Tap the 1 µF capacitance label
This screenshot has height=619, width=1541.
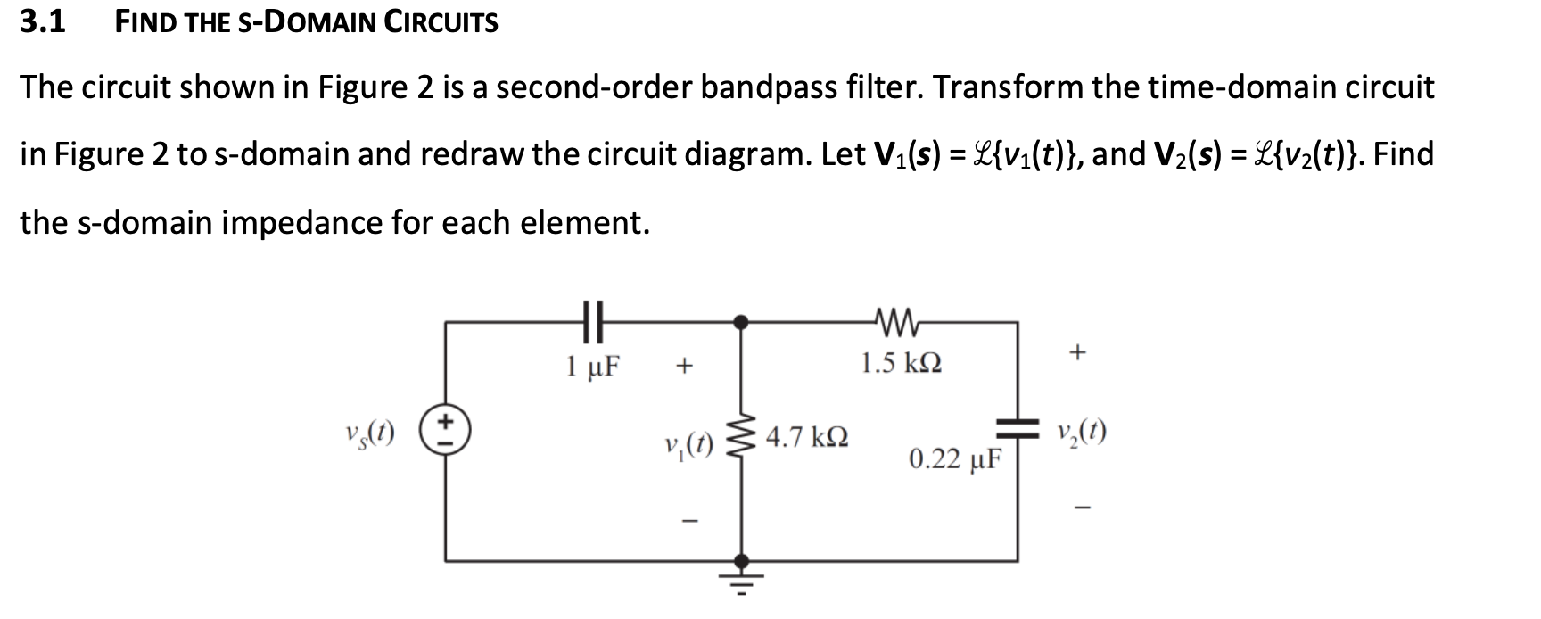594,365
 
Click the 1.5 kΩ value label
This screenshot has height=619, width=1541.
901,363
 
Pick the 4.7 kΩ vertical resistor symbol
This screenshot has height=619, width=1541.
739,437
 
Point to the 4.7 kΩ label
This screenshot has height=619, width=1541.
806,437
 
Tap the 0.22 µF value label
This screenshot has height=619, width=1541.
955,459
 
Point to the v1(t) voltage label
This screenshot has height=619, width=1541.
688,442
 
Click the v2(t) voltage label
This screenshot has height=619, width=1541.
1080,433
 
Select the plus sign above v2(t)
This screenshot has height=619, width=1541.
1078,353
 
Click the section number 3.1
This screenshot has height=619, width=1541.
43,21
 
